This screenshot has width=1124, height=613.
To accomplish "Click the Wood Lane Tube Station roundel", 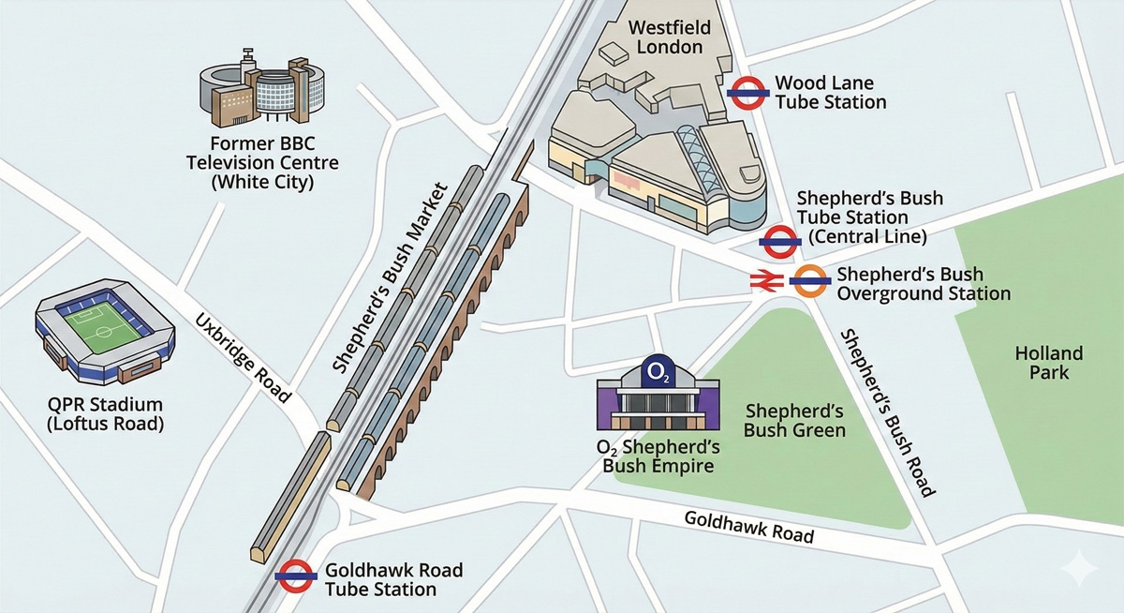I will point(749,93).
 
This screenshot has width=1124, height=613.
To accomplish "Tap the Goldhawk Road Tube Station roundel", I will point(295,576).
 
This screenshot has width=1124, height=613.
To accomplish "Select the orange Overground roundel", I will point(808,280).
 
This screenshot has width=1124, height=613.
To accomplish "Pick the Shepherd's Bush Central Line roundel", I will point(779,242).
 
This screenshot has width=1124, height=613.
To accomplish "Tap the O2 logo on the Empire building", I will point(658,372).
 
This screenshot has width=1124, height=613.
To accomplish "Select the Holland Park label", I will point(1049,363).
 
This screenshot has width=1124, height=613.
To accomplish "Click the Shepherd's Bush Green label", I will point(794,421).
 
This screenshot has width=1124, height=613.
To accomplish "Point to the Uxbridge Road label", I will point(244,359).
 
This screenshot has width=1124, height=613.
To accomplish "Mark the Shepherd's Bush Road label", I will point(886,412).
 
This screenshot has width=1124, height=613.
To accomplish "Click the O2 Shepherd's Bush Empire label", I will point(658,456).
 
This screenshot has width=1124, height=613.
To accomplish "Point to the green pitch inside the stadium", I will point(107,324).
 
